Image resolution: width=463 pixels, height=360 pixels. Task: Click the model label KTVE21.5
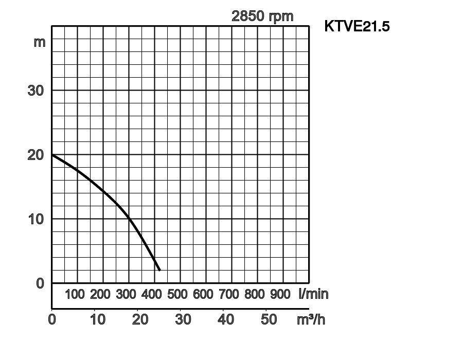357,26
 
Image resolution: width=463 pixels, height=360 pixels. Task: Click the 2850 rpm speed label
262,16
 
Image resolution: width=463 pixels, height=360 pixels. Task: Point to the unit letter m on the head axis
40,42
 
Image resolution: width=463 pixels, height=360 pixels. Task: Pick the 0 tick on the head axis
40,283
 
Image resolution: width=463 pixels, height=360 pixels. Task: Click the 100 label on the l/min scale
75,294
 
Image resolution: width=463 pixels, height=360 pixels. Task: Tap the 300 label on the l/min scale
126,294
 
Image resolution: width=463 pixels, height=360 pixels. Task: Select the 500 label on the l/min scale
177,294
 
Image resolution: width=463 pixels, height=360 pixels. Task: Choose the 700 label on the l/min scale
229,294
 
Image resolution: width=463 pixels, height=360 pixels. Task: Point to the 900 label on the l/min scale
280,294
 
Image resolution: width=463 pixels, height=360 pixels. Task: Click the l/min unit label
313,294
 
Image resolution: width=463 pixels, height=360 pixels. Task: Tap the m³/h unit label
311,319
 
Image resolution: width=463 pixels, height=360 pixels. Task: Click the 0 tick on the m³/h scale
52,319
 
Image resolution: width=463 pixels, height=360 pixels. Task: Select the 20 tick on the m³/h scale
140,319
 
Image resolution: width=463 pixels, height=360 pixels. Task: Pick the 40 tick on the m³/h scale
226,319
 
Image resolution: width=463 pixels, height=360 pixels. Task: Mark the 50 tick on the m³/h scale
269,319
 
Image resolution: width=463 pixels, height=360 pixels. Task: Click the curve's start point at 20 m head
52,154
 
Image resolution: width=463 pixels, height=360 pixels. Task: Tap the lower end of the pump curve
159,269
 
